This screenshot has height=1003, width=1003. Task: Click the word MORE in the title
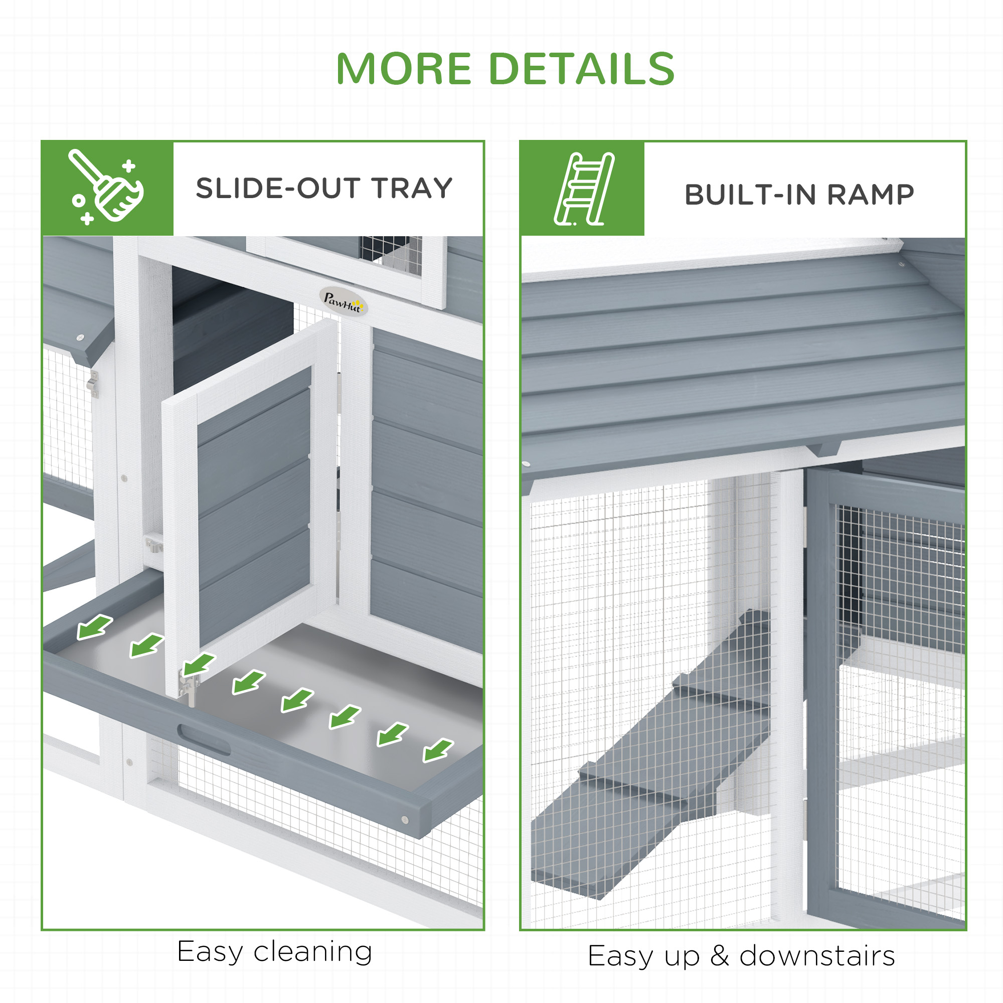(x=403, y=69)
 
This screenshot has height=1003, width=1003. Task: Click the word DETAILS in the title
(x=581, y=69)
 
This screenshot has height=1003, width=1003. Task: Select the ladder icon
(x=584, y=189)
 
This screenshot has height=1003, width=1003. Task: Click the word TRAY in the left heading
(x=412, y=188)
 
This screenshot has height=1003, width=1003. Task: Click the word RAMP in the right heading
(x=870, y=195)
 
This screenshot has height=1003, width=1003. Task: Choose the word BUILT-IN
(x=751, y=195)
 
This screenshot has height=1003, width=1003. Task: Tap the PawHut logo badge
(x=343, y=301)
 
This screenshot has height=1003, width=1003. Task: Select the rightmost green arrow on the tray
(x=438, y=750)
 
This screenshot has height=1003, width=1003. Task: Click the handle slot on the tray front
(x=204, y=740)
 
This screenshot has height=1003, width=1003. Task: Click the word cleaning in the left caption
(x=312, y=952)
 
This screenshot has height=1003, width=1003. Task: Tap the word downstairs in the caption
(x=817, y=956)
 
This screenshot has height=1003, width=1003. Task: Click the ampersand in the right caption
(x=720, y=956)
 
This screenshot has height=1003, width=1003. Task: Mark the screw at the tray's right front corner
(x=404, y=820)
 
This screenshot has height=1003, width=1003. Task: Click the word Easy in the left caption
(x=210, y=952)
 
